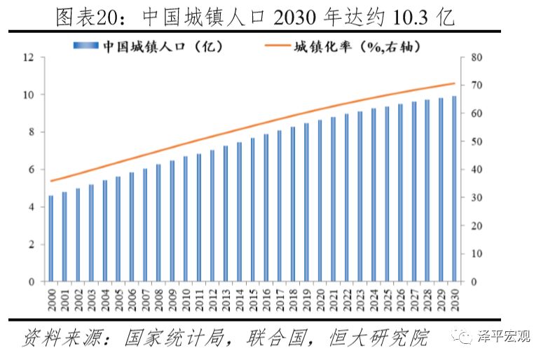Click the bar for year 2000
(x=50, y=239)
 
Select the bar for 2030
(x=454, y=189)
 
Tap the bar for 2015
(x=252, y=210)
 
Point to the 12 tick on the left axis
(x=29, y=57)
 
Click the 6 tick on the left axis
(x=32, y=169)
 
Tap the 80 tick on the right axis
(x=476, y=57)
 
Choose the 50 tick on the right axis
(x=476, y=141)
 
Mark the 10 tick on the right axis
(x=476, y=254)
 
